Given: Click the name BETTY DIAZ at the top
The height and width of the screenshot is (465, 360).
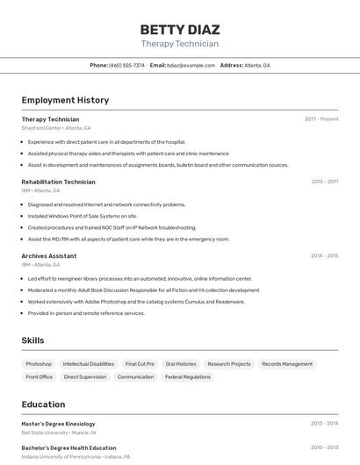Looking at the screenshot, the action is point(179,29).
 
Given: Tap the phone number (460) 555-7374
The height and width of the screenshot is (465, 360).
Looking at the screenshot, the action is point(126,66).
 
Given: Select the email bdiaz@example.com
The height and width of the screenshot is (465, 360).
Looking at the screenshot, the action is point(191,66).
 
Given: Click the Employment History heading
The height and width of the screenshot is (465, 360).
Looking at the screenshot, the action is point(65,101).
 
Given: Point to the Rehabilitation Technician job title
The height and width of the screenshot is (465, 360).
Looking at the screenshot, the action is point(58,182).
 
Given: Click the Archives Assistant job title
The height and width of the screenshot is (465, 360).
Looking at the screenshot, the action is point(48,256).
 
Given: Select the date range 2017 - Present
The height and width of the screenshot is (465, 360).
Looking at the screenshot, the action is point(321,119).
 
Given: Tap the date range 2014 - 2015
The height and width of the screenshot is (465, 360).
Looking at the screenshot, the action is point(324,256).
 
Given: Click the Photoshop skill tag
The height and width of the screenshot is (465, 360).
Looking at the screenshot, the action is point(39,364).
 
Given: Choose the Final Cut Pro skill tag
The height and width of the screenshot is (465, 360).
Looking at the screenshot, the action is point(140,364).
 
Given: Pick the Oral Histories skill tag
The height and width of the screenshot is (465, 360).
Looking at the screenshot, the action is point(181,364).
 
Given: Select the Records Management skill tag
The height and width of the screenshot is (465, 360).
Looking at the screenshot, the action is point(287,364).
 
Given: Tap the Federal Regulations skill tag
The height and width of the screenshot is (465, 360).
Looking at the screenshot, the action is point(188,377).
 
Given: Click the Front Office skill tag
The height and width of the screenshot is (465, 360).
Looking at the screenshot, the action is point(40,377).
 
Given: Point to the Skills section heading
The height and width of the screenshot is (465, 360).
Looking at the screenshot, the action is point(33,340).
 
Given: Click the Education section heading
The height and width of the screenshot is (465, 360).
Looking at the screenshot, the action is point(44,404).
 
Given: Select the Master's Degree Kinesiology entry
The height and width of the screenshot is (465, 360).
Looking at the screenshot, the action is point(58,424).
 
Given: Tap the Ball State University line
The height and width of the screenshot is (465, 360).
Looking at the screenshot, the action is point(59,433).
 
